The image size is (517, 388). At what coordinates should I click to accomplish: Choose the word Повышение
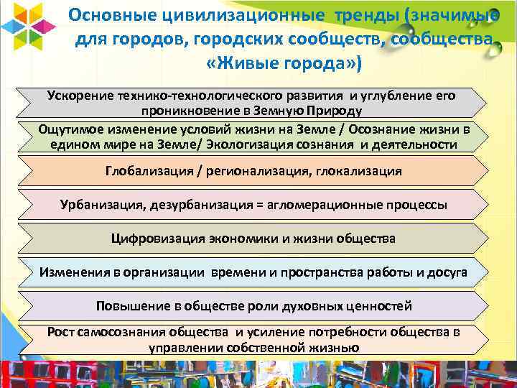pos(132,306)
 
